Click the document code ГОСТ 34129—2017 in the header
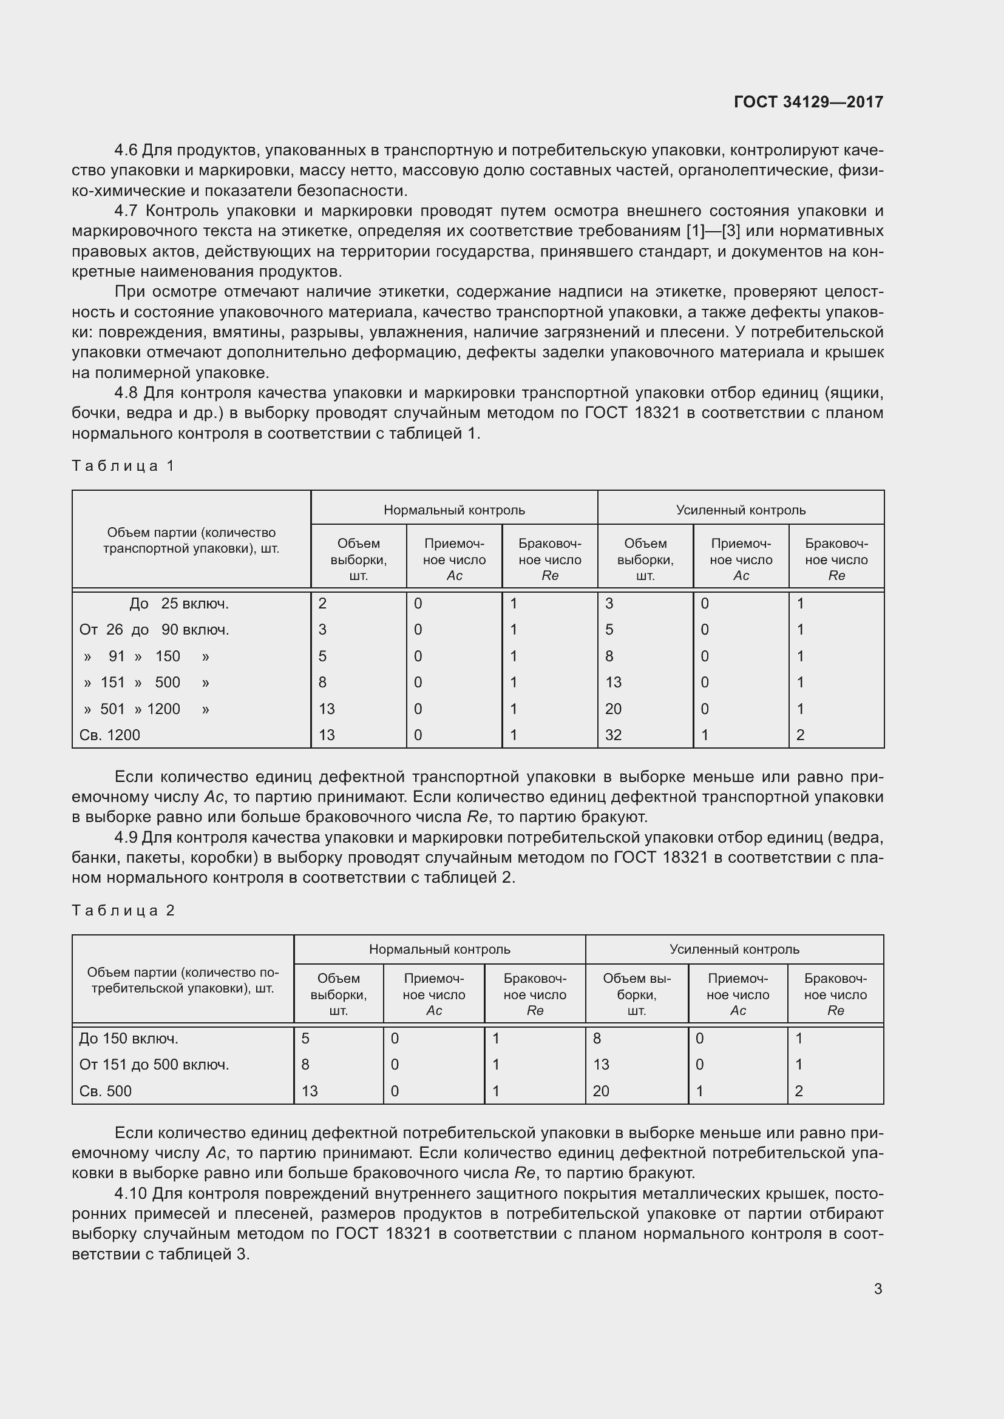click(808, 102)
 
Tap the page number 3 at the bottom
click(878, 1289)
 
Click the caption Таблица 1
click(123, 465)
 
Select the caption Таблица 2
click(123, 911)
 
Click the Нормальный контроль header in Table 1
click(454, 510)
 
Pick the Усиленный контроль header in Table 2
click(734, 949)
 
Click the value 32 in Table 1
click(613, 735)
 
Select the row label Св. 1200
click(109, 735)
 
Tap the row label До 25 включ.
click(178, 603)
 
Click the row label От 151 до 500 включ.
click(154, 1064)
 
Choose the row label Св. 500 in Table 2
click(105, 1091)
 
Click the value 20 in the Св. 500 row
click(601, 1091)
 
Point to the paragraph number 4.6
click(126, 150)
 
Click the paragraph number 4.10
click(131, 1193)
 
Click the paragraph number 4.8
click(126, 393)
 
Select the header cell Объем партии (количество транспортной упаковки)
click(191, 540)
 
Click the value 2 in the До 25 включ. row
click(322, 603)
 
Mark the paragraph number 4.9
click(126, 837)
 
